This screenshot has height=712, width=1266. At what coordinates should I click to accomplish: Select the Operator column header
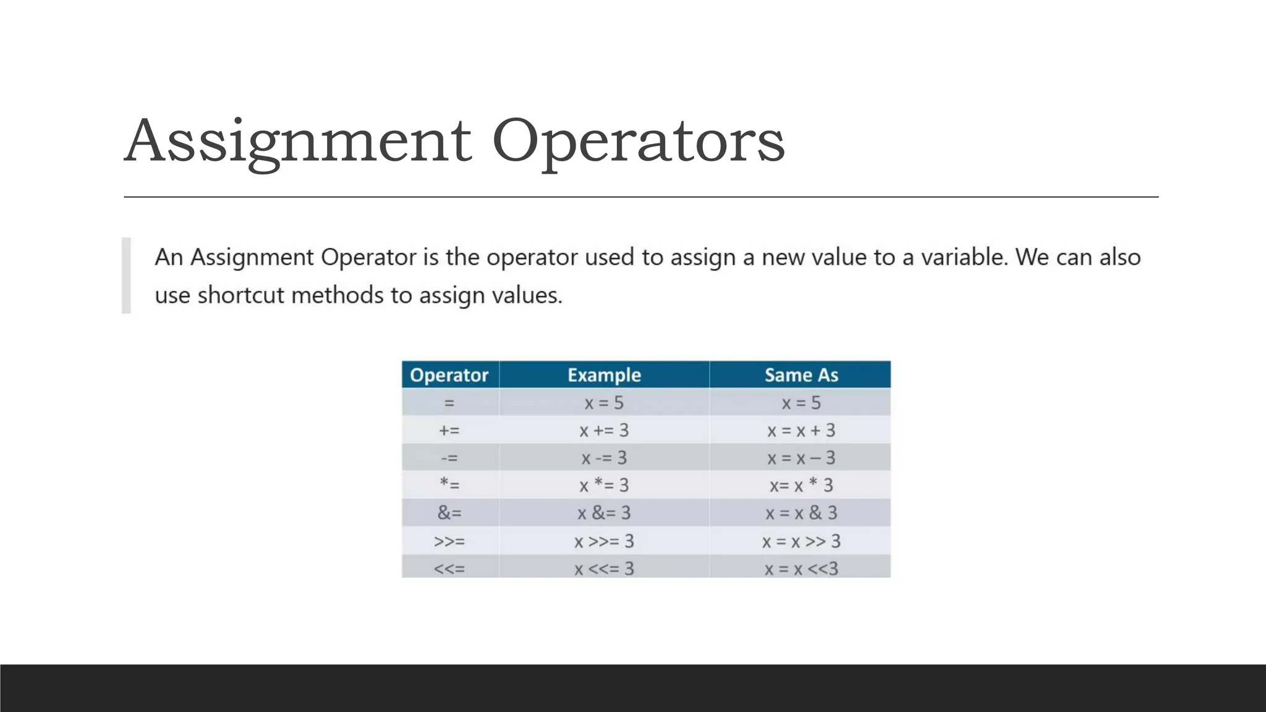pos(449,375)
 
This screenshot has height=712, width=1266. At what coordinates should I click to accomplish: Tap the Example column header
pos(604,375)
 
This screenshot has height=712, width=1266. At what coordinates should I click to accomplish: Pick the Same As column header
pos(801,375)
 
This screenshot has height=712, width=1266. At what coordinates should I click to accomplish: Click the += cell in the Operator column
pos(449,430)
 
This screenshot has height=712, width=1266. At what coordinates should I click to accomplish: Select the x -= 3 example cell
pos(604,458)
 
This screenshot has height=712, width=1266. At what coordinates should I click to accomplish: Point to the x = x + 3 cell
pos(801,430)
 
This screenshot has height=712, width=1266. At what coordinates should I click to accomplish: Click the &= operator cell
pos(449,513)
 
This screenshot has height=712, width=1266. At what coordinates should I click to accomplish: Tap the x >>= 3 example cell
pos(604,541)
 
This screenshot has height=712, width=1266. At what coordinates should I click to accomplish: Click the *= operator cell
pos(449,485)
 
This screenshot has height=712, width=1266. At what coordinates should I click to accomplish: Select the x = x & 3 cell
pos(801,513)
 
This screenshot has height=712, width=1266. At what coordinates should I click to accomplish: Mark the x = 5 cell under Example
pos(604,403)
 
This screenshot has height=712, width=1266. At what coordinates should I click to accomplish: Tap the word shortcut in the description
pos(241,295)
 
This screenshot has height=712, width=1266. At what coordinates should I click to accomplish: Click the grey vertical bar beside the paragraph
pos(126,276)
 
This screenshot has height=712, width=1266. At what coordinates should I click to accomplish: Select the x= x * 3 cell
pos(801,485)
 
